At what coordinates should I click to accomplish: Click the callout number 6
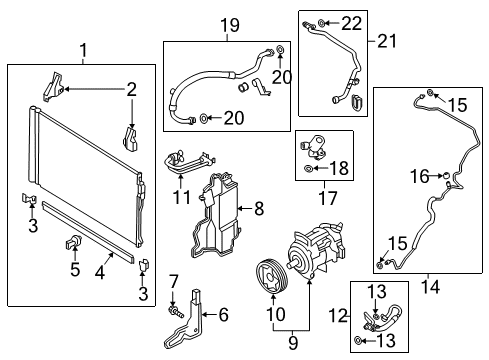[x=222, y=315]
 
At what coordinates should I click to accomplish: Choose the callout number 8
[x=258, y=209]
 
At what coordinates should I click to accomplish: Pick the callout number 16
[x=417, y=177]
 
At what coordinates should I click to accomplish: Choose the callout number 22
[x=350, y=21]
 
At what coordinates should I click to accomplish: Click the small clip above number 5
[x=75, y=241]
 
